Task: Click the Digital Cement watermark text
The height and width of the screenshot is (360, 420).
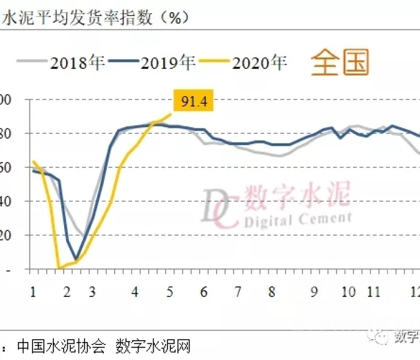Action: [x=297, y=220]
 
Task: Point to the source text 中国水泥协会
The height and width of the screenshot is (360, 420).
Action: [x=62, y=347]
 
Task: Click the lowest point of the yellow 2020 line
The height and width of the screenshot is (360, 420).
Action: [x=59, y=268]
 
